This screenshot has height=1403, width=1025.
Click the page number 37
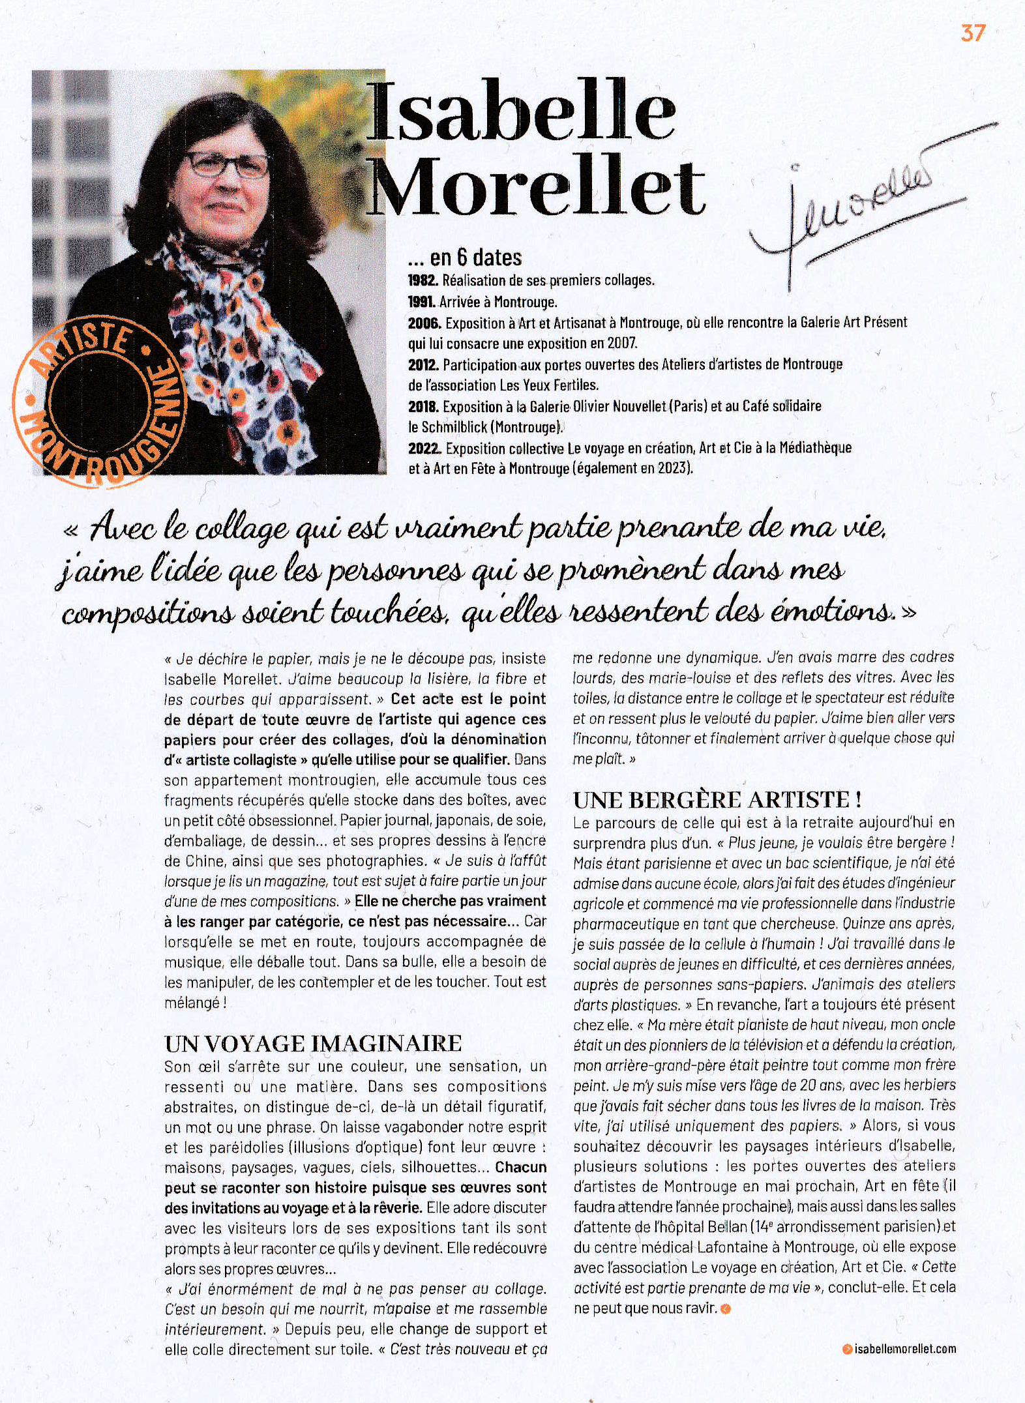pos(972,33)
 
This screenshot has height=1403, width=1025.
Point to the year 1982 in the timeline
pos(423,282)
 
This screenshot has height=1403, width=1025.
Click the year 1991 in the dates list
pos(422,303)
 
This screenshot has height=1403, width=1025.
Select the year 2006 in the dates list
pos(424,323)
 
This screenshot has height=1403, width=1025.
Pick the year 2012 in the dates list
pos(423,365)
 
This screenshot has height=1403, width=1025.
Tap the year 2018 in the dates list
pos(423,407)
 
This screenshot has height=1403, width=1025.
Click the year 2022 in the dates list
pos(424,449)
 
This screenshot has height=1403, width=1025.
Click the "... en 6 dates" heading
pos(464,258)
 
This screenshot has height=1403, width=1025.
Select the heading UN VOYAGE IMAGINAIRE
pos(313,1044)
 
